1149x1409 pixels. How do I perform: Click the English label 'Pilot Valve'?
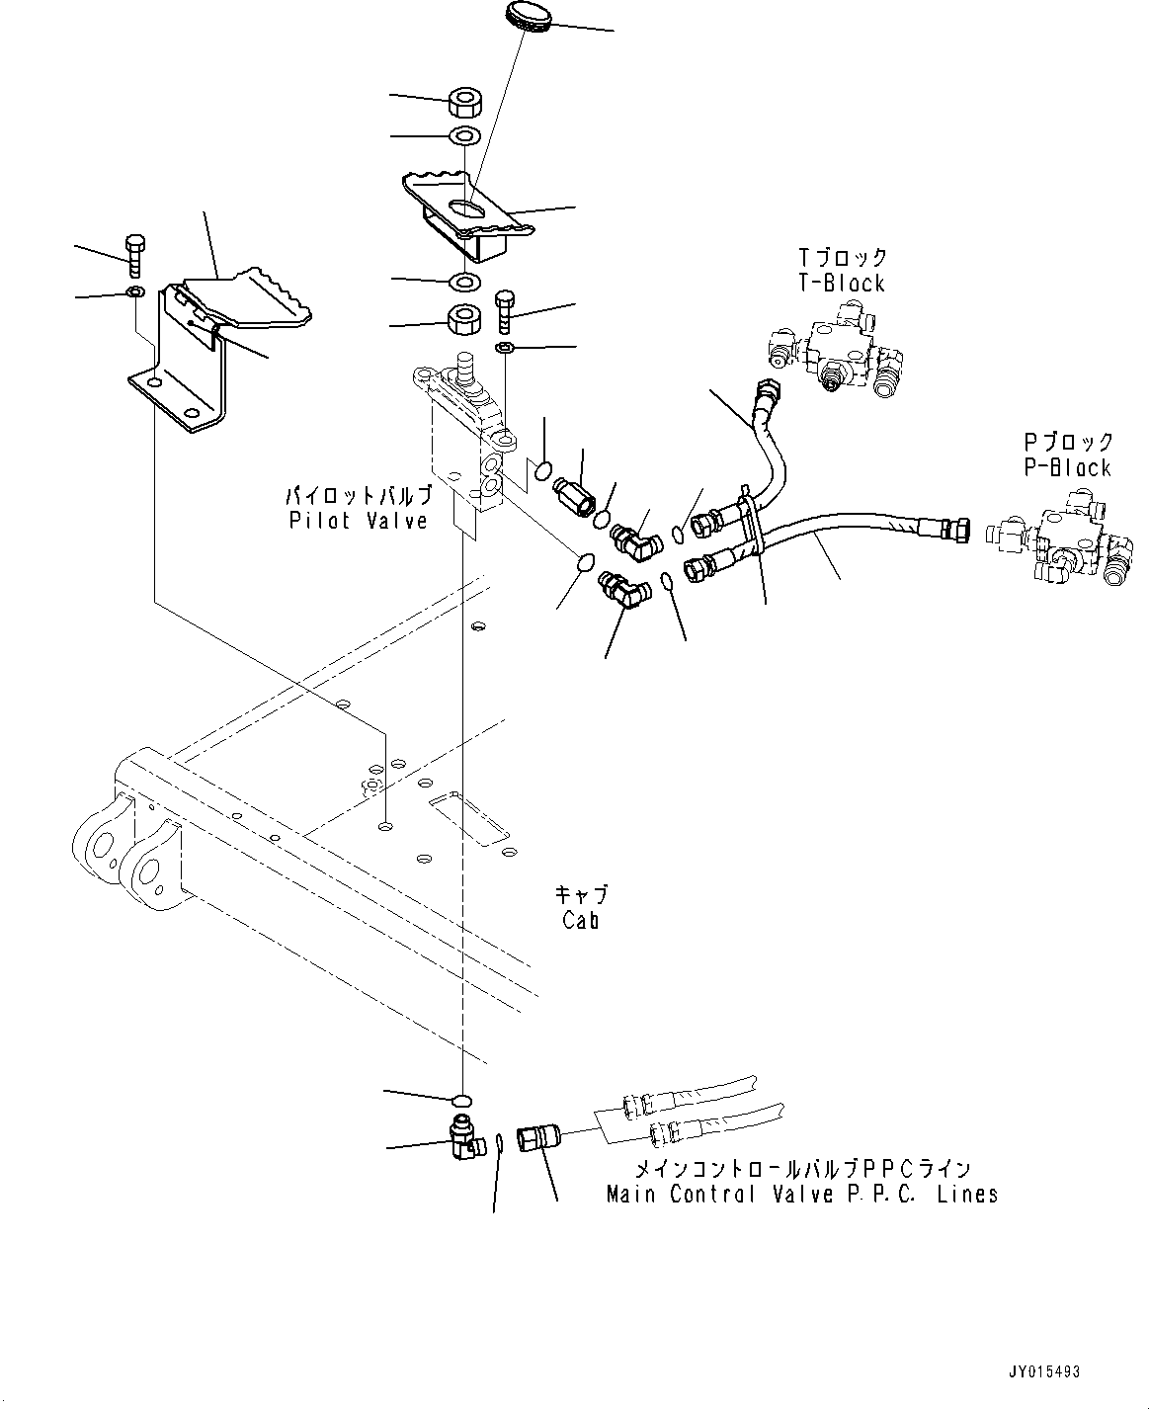pyautogui.click(x=359, y=521)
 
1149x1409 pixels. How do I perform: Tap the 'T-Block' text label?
pyautogui.click(x=842, y=284)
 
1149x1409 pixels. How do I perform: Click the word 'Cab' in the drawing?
pyautogui.click(x=581, y=920)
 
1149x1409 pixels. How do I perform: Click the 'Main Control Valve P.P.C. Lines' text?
pyautogui.click(x=801, y=1194)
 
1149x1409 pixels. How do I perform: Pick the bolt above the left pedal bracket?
pyautogui.click(x=135, y=254)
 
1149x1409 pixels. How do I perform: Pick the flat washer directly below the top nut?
pyautogui.click(x=464, y=134)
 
